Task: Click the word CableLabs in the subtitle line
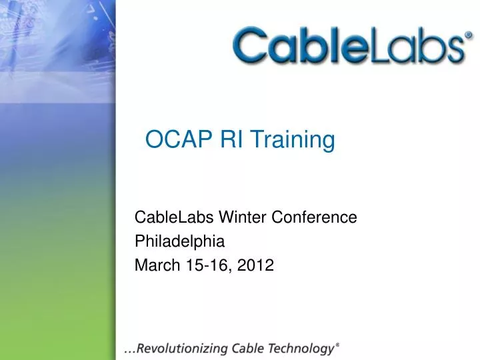point(167,217)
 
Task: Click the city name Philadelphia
point(179,241)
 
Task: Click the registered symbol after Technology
point(338,344)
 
